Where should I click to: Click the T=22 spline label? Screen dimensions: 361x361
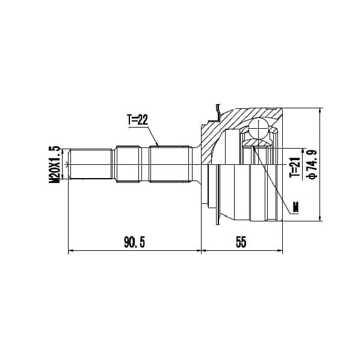pyautogui.click(x=137, y=120)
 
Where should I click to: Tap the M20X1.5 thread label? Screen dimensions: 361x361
pyautogui.click(x=54, y=164)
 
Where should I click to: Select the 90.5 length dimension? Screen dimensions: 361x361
pyautogui.click(x=135, y=242)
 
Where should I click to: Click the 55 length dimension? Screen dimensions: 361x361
pyautogui.click(x=241, y=242)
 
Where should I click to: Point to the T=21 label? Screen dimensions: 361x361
pyautogui.click(x=295, y=167)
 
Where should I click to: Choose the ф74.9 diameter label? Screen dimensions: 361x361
pyautogui.click(x=312, y=164)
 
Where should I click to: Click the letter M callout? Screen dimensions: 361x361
pyautogui.click(x=295, y=207)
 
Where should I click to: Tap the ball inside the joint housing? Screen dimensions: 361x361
pyautogui.click(x=259, y=129)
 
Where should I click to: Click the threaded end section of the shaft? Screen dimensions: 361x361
pyautogui.click(x=91, y=164)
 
